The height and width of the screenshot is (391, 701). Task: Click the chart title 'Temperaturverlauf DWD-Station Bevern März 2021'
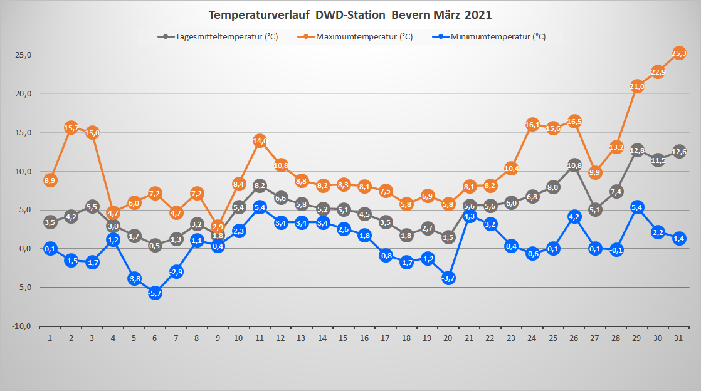pos(350,14)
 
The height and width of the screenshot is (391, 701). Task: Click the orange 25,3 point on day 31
pos(679,53)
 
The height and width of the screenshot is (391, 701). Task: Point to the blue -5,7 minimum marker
pos(155,293)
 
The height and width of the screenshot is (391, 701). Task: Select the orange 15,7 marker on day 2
pos(71,128)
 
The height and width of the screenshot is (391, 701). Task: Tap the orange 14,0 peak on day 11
pos(260,141)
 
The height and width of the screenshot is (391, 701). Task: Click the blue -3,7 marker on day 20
pos(448,278)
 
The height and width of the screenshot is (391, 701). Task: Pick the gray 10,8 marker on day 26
pos(574,165)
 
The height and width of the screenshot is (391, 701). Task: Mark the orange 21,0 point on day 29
pos(637,86)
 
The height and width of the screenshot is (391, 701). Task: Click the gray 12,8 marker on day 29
pos(637,150)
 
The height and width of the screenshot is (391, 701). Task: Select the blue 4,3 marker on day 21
pos(470,216)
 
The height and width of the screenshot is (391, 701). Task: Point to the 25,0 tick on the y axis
pos(24,55)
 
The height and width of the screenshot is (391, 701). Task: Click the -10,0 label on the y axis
pos(23,326)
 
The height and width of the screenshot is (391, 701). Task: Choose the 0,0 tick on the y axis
pos(24,249)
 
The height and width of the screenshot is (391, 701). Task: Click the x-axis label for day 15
pos(343,338)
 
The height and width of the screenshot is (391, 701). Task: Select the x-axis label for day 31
pos(678,338)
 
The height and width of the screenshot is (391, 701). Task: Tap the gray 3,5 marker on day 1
pos(50,222)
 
